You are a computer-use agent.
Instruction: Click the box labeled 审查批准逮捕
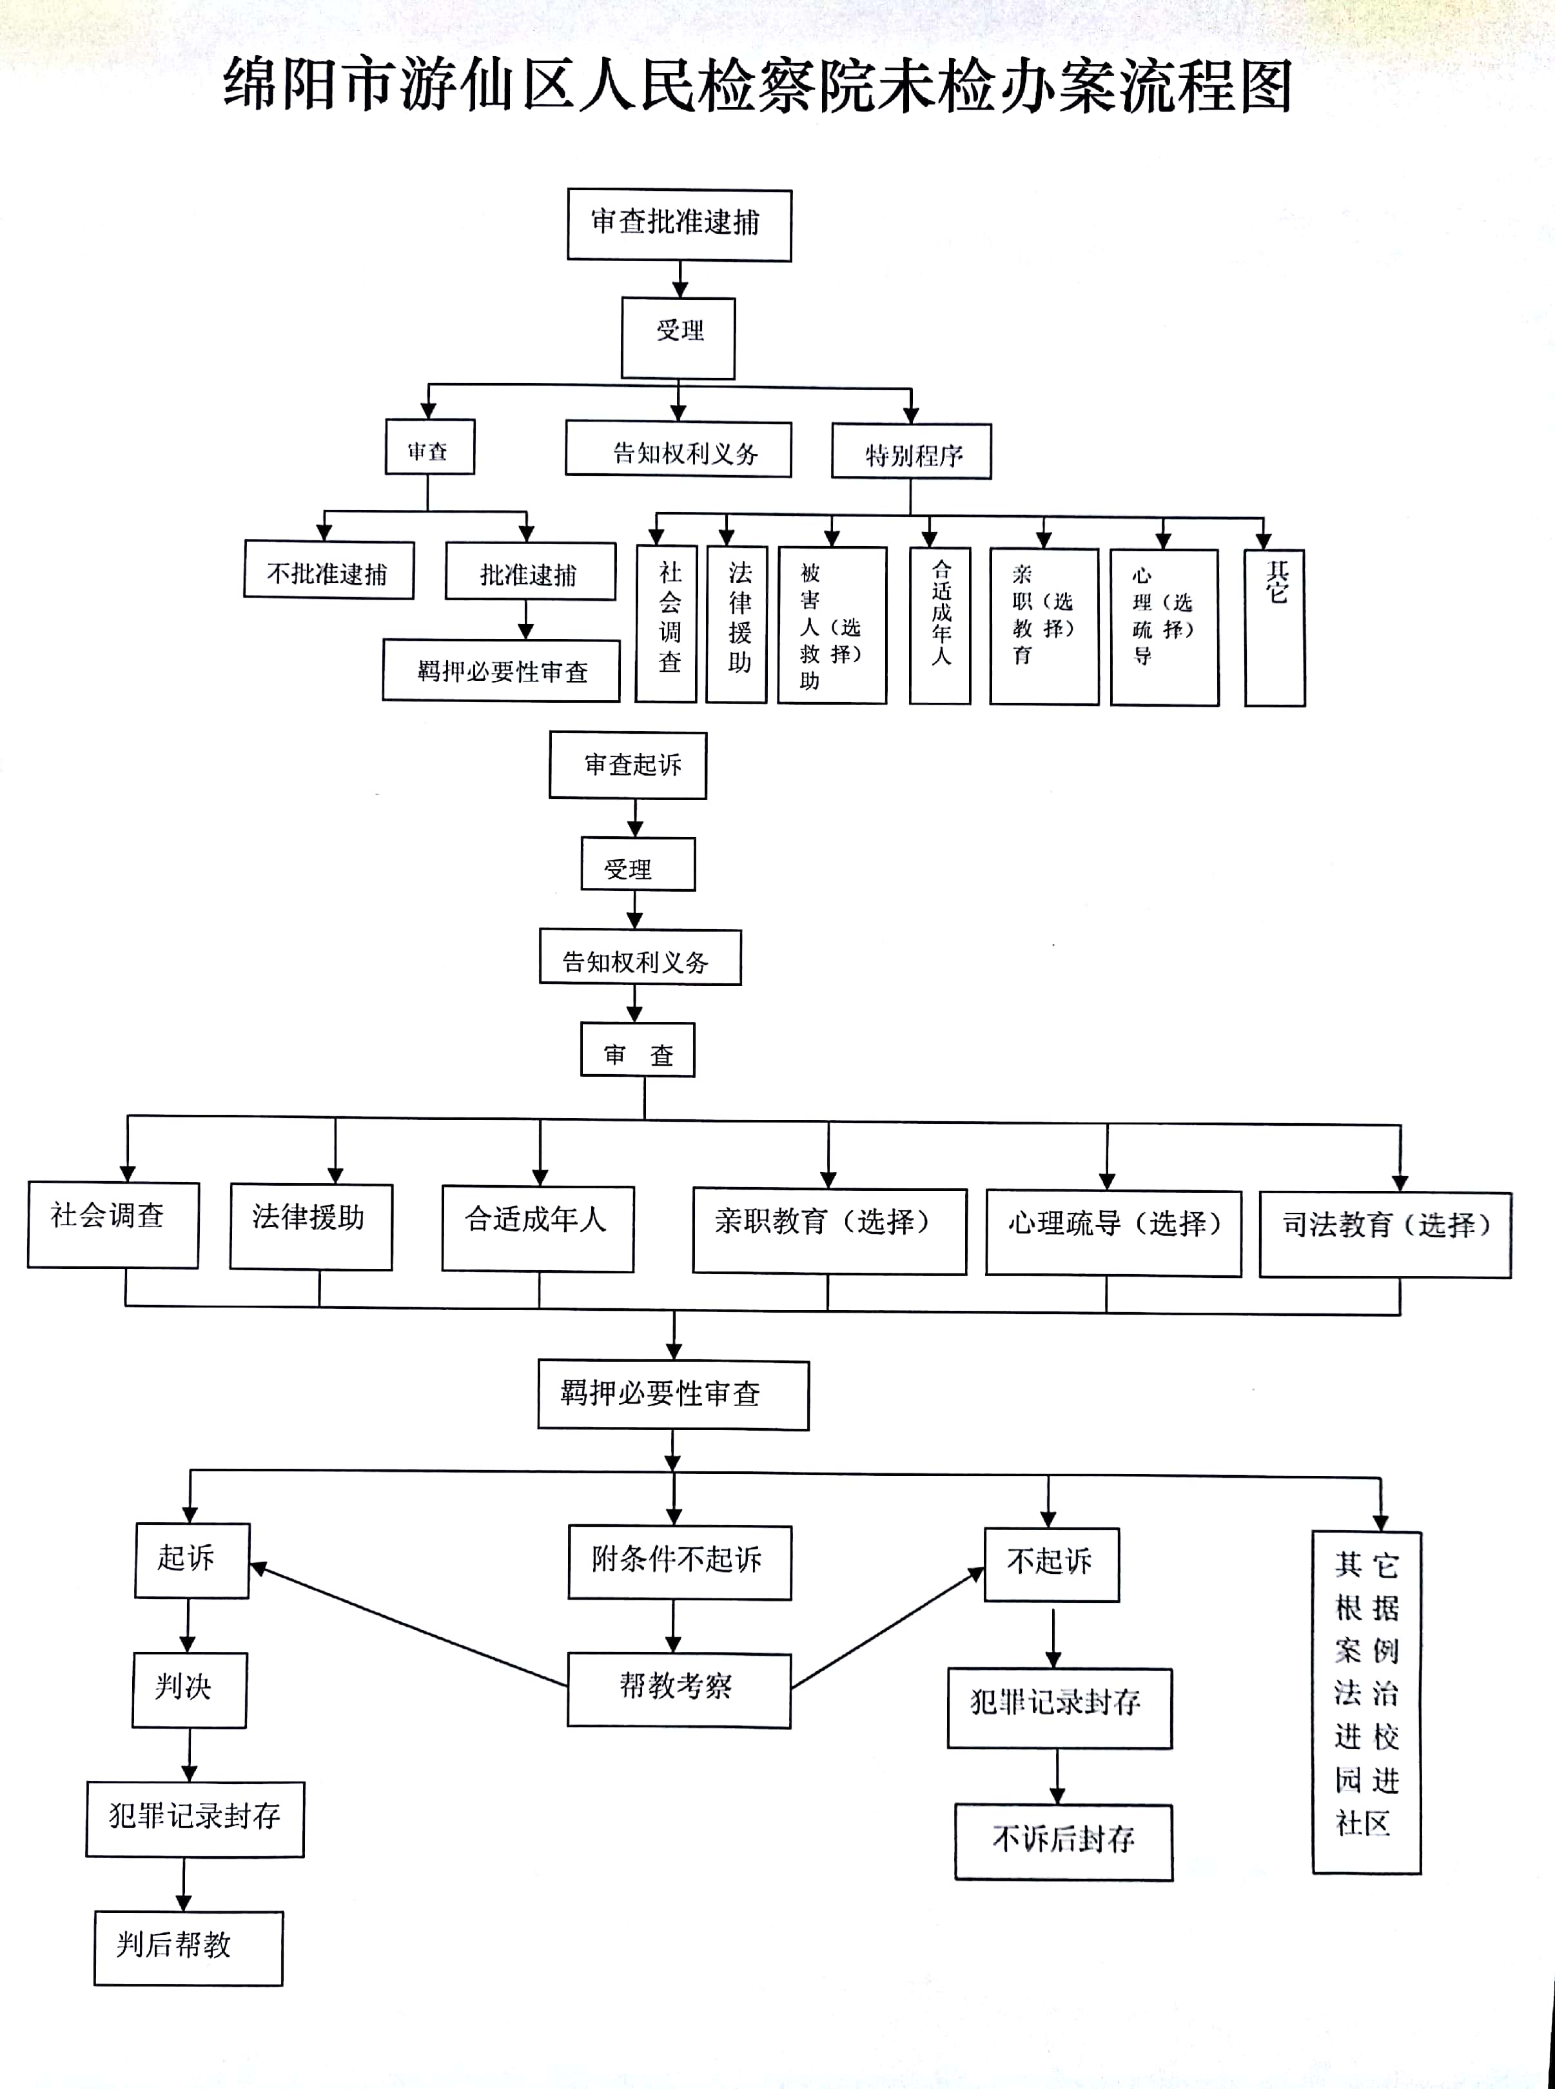679,225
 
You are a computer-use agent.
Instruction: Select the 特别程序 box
911,452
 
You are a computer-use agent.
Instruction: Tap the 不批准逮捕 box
329,571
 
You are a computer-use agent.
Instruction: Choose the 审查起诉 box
628,765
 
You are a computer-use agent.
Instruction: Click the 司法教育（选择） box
1385,1234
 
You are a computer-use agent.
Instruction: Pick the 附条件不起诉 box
679,1562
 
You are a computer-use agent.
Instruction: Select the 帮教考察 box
679,1690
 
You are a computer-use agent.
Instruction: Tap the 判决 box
188,1690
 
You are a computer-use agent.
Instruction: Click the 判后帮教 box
188,1947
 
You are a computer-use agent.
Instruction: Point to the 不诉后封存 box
1064,1841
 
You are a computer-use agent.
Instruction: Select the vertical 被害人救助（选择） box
832,626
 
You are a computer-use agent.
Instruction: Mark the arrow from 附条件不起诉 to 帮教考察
674,1626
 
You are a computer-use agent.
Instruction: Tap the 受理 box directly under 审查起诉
638,864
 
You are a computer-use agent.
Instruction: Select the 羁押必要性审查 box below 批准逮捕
501,671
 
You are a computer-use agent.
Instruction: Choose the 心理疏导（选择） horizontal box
1113,1232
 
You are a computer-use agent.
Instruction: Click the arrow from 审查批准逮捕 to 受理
680,280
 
